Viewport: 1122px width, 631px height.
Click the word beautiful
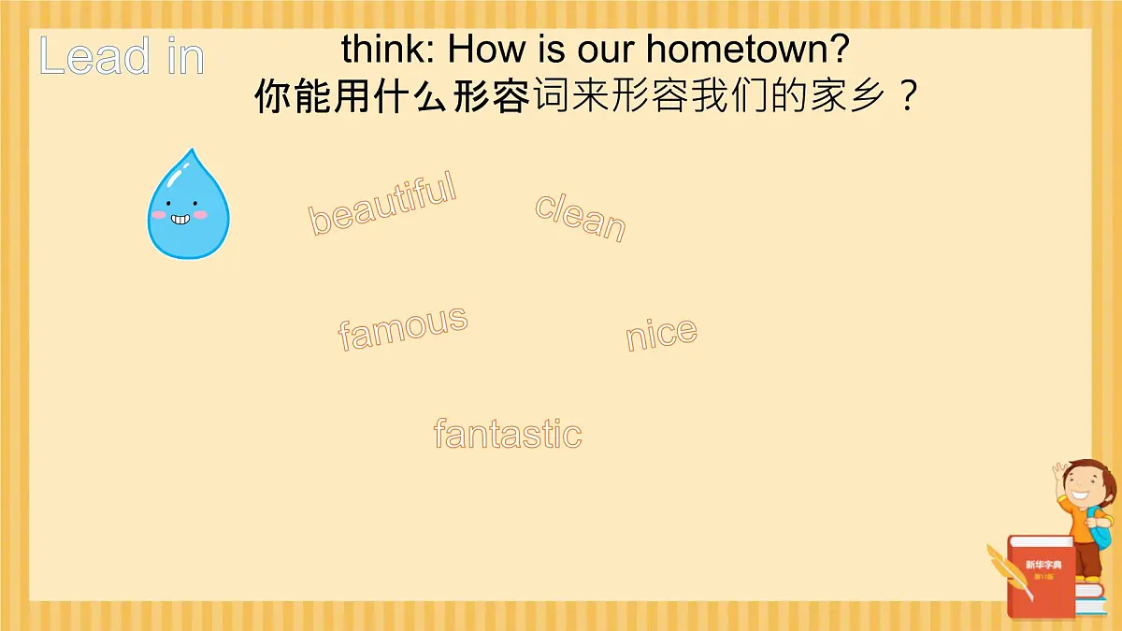(382, 203)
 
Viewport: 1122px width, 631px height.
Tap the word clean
(580, 216)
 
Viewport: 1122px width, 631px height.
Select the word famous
(402, 328)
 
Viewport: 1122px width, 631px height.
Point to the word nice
(661, 335)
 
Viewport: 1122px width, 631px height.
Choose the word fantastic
(508, 434)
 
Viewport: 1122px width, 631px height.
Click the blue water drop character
(188, 208)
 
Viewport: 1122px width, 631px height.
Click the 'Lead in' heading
(122, 57)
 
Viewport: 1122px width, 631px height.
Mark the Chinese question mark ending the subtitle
(905, 96)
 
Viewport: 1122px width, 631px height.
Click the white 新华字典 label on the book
(1043, 565)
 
